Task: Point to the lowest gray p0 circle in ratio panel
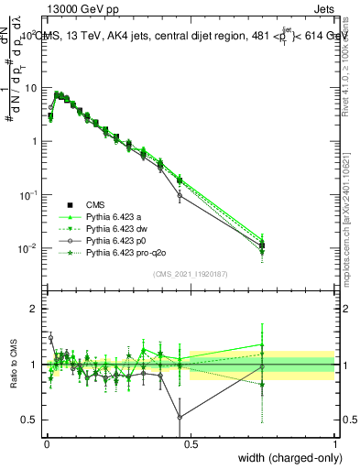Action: [x=180, y=417]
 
